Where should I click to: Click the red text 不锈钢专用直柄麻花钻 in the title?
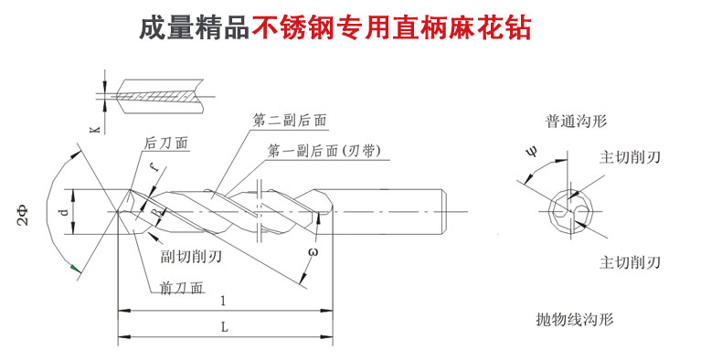coord(392,28)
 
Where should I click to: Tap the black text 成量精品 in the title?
coord(195,28)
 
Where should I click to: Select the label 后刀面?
coord(166,143)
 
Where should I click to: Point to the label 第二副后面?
coord(290,121)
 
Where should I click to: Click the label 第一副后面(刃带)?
coord(324,152)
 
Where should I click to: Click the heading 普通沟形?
coord(576,122)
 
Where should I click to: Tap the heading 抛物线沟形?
coord(575,320)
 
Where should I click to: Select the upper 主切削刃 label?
coord(630,157)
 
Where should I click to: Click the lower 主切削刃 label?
coord(630,262)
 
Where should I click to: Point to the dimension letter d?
coord(65,212)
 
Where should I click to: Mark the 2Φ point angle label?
coord(23,216)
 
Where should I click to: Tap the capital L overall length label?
coord(224,327)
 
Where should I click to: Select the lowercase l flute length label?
coord(223,302)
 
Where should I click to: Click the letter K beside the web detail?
coord(95,130)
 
